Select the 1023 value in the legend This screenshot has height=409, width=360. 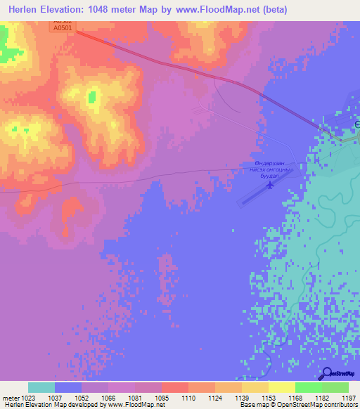point(28,398)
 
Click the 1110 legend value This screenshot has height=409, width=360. point(188,398)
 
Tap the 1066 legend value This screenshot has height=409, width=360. point(108,398)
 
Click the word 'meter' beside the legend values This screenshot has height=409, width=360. point(11,398)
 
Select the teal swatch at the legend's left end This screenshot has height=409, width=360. point(41,387)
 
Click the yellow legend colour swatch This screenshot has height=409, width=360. point(281,387)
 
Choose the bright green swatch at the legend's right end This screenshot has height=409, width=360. point(335,387)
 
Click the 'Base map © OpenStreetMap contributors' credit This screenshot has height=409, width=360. point(297,405)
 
